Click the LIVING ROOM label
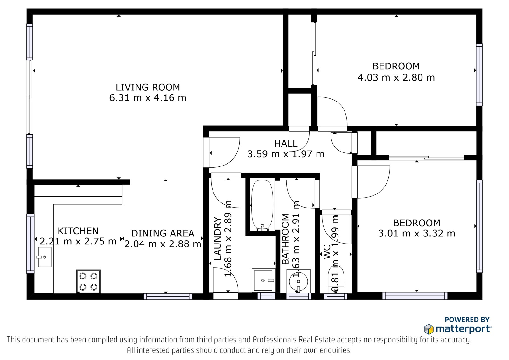(x=148, y=87)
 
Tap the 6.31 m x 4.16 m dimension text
(x=148, y=98)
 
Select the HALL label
(x=286, y=144)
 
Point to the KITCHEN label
(x=78, y=231)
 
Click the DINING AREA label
(x=163, y=233)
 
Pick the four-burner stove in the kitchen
(x=88, y=281)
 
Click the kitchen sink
(x=44, y=257)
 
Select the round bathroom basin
(x=298, y=281)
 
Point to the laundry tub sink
(x=264, y=280)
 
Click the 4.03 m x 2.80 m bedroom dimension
(x=396, y=78)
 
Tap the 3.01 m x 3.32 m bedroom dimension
(x=416, y=234)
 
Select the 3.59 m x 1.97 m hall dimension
(x=286, y=154)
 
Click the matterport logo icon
(x=429, y=329)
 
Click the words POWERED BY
(x=467, y=320)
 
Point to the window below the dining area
(x=168, y=296)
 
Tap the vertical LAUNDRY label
(x=218, y=238)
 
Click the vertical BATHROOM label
(x=285, y=239)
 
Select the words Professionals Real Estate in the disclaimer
(x=294, y=340)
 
